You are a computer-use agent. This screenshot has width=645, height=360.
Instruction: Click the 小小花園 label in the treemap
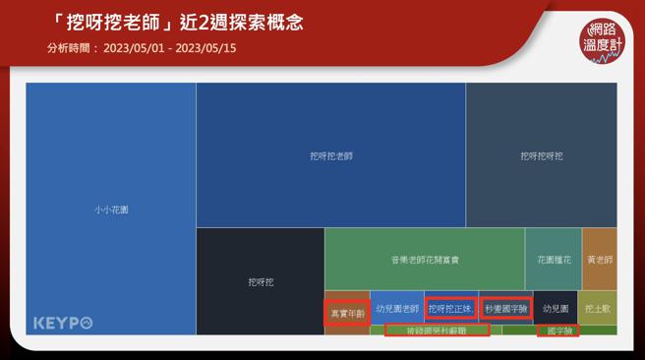point(111,210)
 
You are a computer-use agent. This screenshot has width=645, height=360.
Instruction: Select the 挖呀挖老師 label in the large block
point(330,155)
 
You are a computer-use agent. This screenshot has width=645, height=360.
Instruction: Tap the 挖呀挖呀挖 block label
point(542,155)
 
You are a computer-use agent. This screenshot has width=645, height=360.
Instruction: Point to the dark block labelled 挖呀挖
point(261,282)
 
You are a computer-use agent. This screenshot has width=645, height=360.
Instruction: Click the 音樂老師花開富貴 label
point(424,260)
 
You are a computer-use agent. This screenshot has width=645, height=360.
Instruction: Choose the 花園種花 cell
point(553,260)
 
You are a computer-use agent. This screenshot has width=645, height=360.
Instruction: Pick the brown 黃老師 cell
point(600,260)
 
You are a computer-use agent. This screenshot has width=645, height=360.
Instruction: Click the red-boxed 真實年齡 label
point(347,313)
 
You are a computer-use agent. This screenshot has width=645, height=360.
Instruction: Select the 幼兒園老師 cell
point(397,308)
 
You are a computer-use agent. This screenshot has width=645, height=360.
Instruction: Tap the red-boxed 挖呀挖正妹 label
point(451,308)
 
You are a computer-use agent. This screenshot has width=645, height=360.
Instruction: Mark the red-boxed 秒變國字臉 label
point(506,308)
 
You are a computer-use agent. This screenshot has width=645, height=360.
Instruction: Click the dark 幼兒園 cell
point(555,308)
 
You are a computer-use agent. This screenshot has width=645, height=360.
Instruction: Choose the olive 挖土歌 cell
point(598,308)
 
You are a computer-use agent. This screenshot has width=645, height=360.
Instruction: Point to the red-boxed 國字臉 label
point(557,330)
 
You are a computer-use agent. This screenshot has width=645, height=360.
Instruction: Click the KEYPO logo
point(63,323)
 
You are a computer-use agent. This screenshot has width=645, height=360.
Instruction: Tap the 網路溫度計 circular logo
point(604,40)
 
